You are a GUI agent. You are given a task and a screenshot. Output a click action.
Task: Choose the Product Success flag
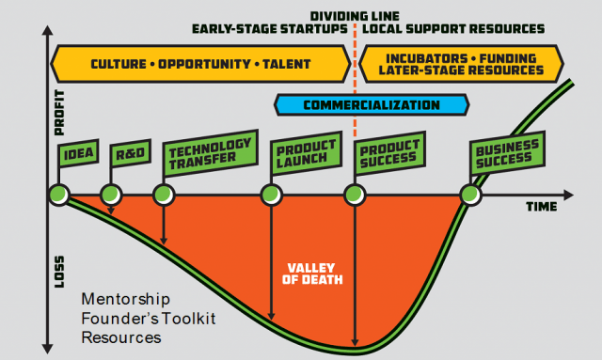click(x=388, y=154)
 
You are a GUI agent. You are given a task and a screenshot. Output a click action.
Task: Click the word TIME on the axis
click(x=539, y=205)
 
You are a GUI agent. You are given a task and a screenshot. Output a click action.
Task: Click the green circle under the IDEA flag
click(x=58, y=196)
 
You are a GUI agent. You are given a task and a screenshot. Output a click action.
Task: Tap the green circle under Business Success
click(x=469, y=196)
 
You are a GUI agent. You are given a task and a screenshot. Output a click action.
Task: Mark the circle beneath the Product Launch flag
click(x=271, y=196)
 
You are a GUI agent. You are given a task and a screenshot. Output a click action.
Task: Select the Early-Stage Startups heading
click(x=269, y=29)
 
